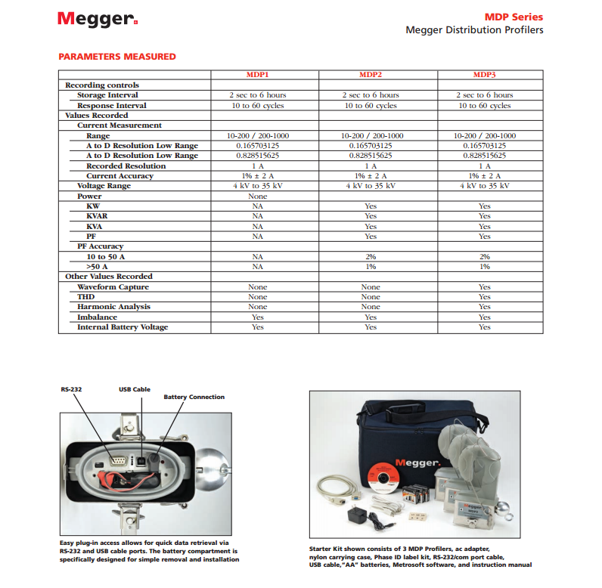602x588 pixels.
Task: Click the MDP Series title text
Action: pyautogui.click(x=514, y=17)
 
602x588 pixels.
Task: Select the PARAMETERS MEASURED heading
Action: pyautogui.click(x=117, y=57)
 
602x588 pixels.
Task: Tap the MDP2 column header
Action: pyautogui.click(x=371, y=75)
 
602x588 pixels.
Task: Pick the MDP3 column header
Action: pyautogui.click(x=484, y=75)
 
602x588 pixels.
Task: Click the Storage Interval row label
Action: pyautogui.click(x=107, y=95)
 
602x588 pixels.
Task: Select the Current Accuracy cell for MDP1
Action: pyautogui.click(x=257, y=176)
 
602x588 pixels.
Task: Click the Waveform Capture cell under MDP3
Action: pyautogui.click(x=484, y=287)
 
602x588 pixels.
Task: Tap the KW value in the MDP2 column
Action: pyautogui.click(x=371, y=206)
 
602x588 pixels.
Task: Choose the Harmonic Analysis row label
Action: pyautogui.click(x=113, y=307)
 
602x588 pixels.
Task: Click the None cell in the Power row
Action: pyautogui.click(x=257, y=197)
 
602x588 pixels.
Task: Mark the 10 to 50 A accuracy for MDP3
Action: pyautogui.click(x=484, y=257)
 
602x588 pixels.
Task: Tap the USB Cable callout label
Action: pyautogui.click(x=135, y=389)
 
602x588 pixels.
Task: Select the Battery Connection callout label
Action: pyautogui.click(x=194, y=397)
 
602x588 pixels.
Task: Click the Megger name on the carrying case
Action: pyautogui.click(x=417, y=463)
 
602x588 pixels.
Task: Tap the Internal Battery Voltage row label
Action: pyautogui.click(x=123, y=327)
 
